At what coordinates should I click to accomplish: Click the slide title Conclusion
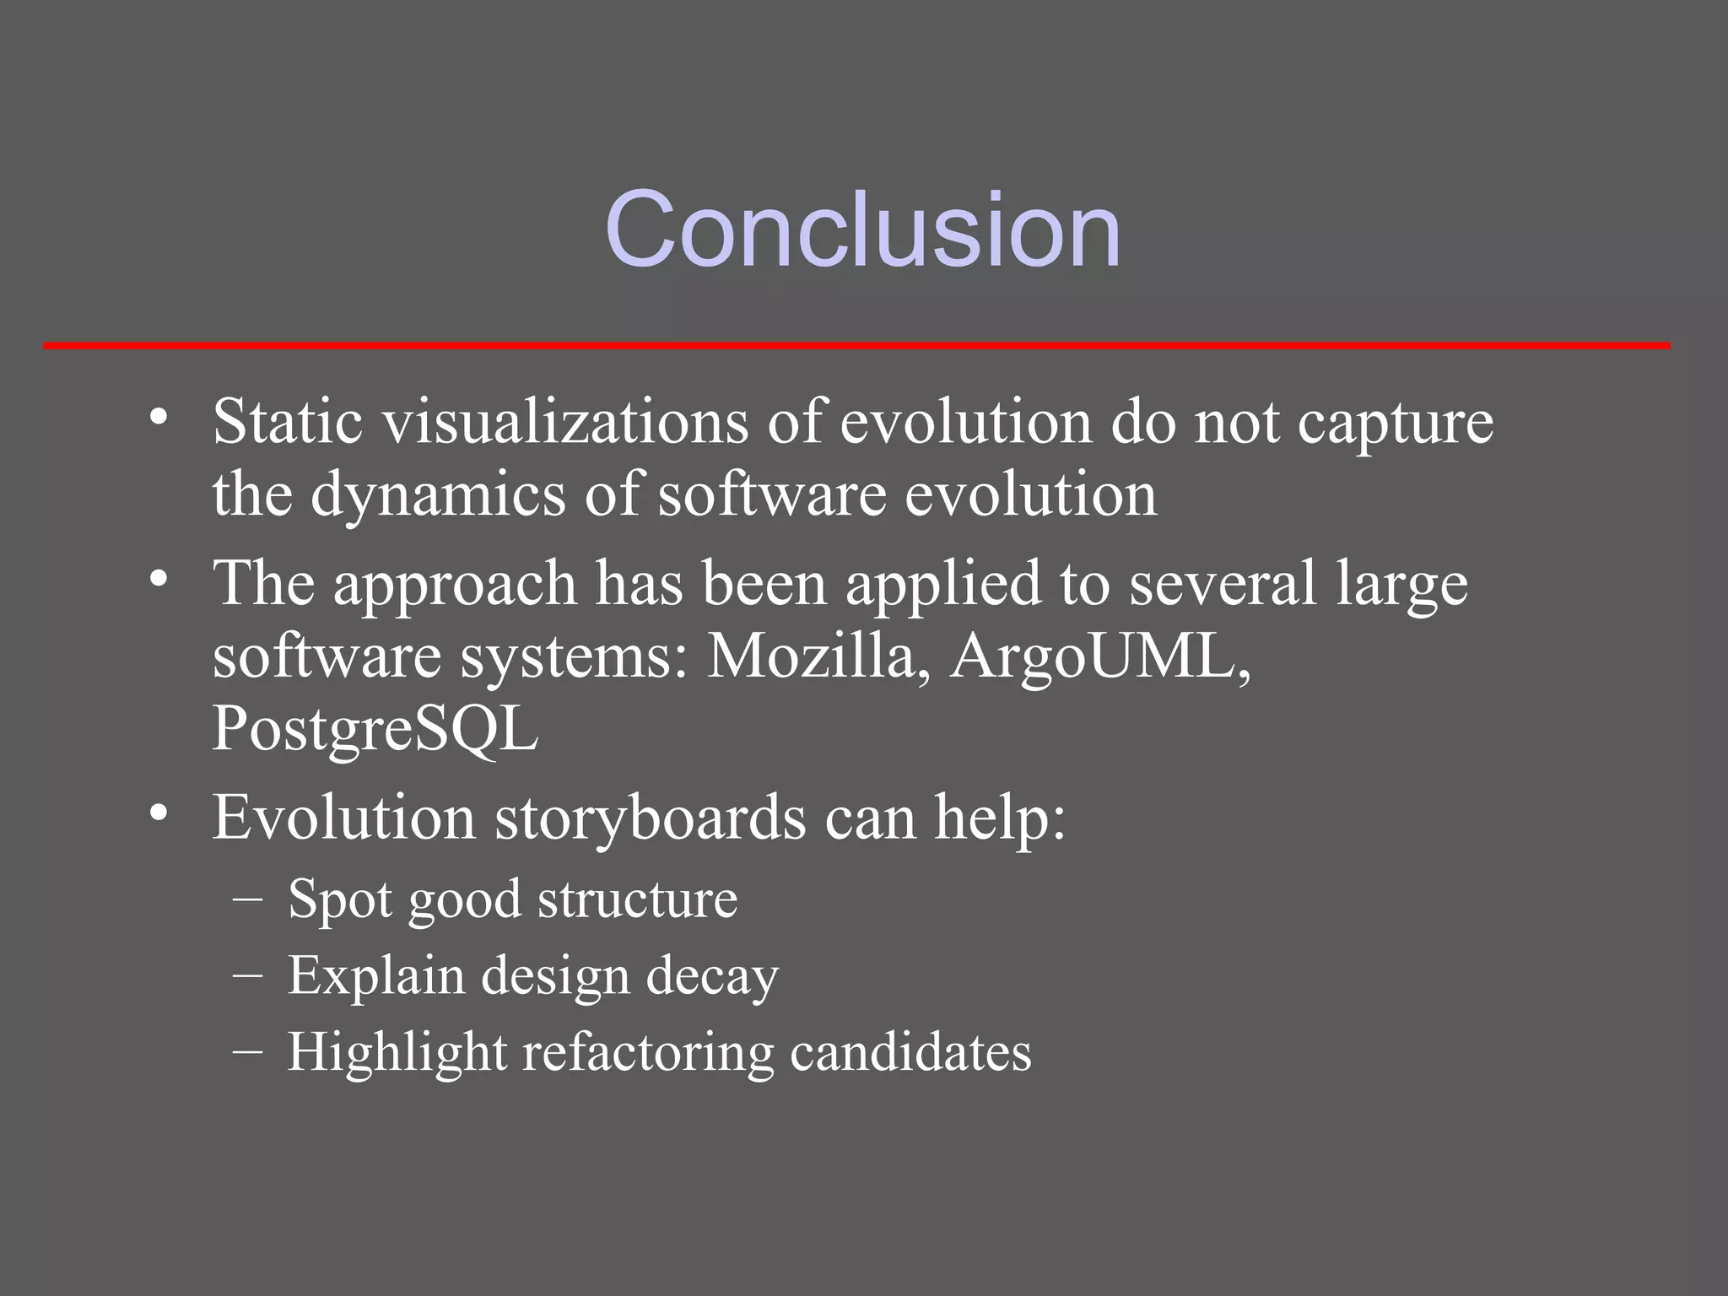coord(862,229)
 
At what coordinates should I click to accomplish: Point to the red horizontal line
coord(856,345)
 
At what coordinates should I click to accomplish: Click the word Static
coord(288,421)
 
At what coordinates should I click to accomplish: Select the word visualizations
coord(566,421)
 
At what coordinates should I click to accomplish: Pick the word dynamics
coord(438,496)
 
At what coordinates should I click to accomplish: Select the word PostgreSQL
coord(375,730)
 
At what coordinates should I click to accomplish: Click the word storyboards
coord(650,818)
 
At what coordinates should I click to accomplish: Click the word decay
coord(712,977)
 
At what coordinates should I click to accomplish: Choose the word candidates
coord(910,1052)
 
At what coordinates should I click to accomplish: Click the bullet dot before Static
coord(159,418)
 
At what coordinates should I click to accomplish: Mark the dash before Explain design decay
coord(246,975)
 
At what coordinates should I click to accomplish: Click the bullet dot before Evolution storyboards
coord(159,814)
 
